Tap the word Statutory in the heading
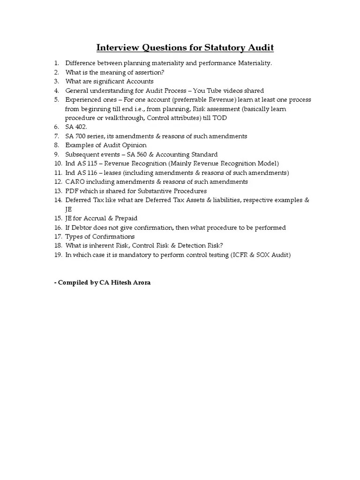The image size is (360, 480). click(x=219, y=48)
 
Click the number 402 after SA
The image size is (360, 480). click(x=81, y=127)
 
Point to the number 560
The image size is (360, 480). click(x=141, y=155)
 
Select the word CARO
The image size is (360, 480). click(x=75, y=182)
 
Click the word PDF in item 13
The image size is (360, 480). click(x=71, y=191)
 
